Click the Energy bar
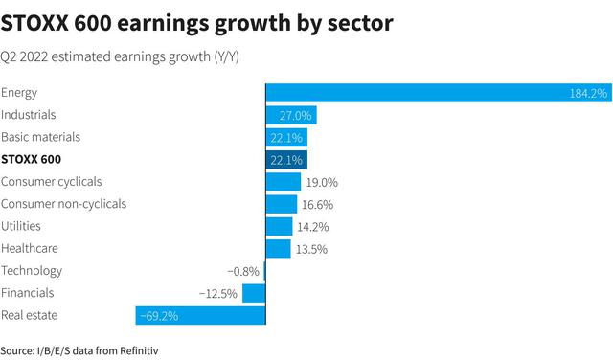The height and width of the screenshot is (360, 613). tap(439, 93)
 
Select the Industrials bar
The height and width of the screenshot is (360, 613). tap(291, 115)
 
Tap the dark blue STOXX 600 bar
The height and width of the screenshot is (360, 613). tap(286, 160)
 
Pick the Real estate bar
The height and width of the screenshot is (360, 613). tap(200, 315)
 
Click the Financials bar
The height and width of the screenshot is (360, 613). tap(254, 293)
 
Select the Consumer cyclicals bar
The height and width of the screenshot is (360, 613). tap(284, 182)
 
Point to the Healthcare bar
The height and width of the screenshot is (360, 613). tap(279, 249)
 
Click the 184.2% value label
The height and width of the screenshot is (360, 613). tap(588, 94)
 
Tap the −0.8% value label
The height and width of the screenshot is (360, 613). tap(243, 271)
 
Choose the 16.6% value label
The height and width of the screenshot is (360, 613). tap(317, 205)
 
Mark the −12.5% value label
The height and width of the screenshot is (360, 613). tap(218, 294)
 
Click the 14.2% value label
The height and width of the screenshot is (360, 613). tap(313, 227)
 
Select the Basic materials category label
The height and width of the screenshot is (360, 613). tap(40, 137)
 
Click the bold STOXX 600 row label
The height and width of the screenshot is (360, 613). tap(32, 160)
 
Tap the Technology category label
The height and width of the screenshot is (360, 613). tap(32, 271)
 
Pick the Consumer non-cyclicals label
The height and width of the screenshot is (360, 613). tap(64, 204)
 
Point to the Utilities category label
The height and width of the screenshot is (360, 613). tap(21, 226)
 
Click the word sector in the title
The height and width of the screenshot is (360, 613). tap(360, 23)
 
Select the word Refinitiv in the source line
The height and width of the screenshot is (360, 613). tap(139, 350)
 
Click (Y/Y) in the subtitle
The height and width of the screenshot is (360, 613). tap(226, 57)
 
